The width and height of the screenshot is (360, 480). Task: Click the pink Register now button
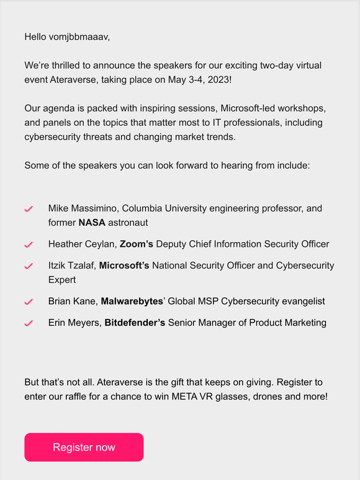tap(84, 447)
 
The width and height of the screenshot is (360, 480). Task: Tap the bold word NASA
tap(92, 222)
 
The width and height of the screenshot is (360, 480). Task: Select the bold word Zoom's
tap(137, 244)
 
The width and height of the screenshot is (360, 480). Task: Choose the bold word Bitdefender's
tap(135, 322)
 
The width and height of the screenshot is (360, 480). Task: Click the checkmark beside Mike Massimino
tap(29, 210)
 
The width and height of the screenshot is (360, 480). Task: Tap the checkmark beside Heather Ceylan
tap(29, 244)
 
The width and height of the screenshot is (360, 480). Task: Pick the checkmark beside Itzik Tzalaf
tap(29, 266)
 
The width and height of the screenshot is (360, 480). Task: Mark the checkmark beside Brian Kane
tap(29, 302)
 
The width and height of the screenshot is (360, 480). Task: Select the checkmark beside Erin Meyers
tap(29, 323)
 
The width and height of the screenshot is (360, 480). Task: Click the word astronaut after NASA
tap(128, 222)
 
